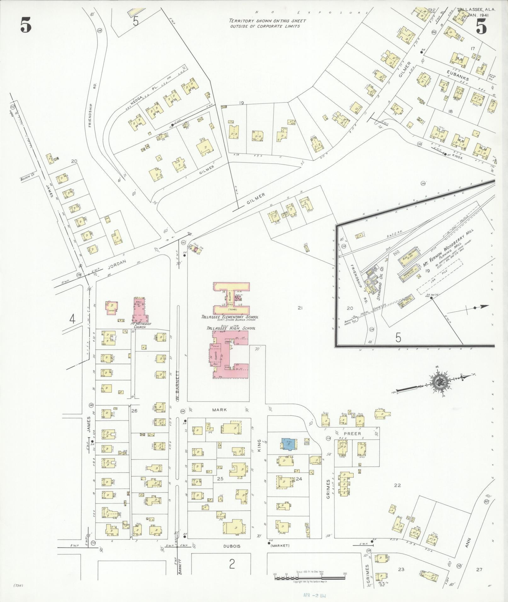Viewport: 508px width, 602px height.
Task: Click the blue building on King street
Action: pyautogui.click(x=288, y=444)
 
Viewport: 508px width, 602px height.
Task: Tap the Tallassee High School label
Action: pyautogui.click(x=231, y=328)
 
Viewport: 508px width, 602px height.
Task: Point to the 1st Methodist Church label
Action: pyautogui.click(x=141, y=325)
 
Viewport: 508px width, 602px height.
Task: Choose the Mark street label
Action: pyautogui.click(x=219, y=410)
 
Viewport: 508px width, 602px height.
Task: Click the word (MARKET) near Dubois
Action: pyautogui.click(x=280, y=546)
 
